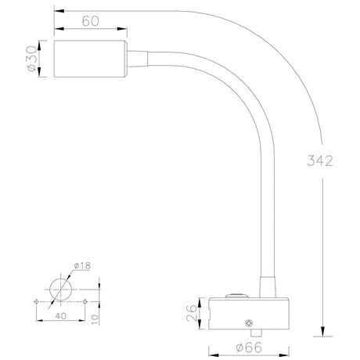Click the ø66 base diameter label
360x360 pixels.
pos(250,349)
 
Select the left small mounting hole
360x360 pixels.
pos(36,301)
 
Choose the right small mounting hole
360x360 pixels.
pos(85,301)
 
